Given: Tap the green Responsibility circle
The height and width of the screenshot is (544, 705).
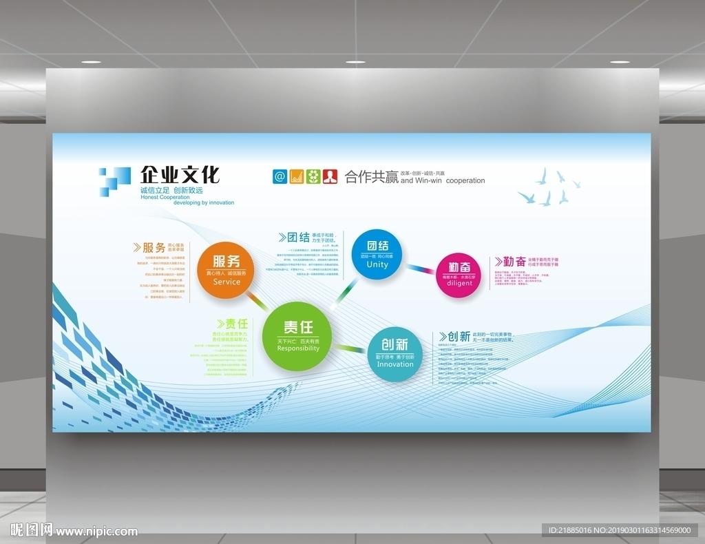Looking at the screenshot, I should click(297, 336).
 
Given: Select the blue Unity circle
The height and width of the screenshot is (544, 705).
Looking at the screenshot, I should click(377, 254).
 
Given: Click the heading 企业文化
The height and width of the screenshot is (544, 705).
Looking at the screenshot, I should click(180, 175).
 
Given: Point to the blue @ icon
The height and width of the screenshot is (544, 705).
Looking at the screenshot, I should click(280, 176).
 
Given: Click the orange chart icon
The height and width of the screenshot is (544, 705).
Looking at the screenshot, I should click(297, 176).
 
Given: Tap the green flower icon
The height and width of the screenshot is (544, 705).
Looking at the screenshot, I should click(313, 176).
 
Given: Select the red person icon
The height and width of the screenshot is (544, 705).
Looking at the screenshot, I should click(330, 176).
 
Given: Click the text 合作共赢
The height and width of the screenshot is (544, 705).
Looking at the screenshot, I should click(372, 177).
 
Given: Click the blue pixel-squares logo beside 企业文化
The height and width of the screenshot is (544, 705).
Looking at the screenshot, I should click(114, 180).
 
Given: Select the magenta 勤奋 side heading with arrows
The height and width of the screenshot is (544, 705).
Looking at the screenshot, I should click(510, 262).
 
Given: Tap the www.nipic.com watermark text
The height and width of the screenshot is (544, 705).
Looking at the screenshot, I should click(96, 531).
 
